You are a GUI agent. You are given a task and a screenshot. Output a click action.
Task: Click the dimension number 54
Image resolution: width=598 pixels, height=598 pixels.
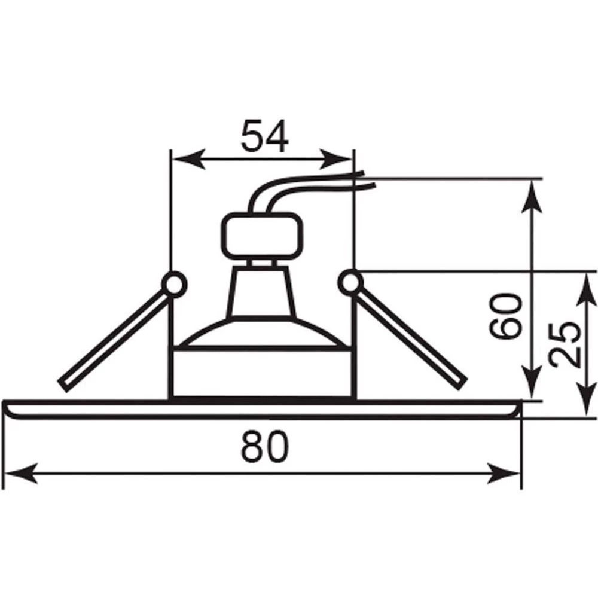tap(265, 136)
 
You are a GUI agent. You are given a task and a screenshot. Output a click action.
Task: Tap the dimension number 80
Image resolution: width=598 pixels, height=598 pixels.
tap(265, 447)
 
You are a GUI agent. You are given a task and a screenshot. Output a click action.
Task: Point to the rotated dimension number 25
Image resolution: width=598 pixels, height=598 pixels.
tap(565, 345)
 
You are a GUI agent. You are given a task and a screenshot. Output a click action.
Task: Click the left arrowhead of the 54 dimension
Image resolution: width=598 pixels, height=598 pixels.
tap(189, 158)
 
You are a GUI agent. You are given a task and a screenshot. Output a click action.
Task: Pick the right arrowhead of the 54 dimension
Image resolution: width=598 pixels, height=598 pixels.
tap(336, 158)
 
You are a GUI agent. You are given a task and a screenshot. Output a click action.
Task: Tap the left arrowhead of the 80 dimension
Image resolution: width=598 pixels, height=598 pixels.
tap(21, 473)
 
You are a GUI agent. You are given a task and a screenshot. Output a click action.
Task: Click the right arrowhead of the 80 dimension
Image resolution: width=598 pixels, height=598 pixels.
tap(504, 473)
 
